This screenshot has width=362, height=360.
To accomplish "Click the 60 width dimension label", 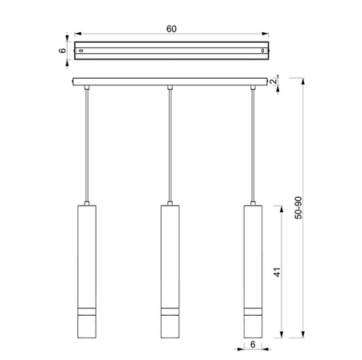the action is pos(171,29).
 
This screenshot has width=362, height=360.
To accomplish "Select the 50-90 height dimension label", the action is pos(298,208).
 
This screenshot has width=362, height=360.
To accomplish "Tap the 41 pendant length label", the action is pos(278,272).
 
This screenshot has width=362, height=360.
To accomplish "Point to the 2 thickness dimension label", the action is pos(274,81).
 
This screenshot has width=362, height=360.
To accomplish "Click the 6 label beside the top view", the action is pos(62,51).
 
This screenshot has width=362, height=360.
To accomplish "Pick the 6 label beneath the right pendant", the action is pos(253,345).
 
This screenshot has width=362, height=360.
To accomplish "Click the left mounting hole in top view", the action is pos(80,51).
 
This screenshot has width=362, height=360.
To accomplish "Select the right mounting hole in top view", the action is pos(263,51).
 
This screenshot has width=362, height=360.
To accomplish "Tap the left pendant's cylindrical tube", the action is pos(87,272).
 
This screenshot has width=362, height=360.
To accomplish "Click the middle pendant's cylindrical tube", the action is pos(170,272).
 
